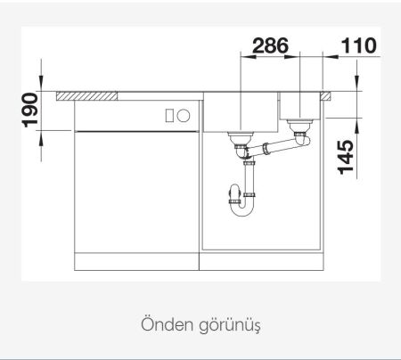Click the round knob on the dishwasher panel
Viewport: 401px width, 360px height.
[x=183, y=115]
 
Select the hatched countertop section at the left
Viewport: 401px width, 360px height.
[x=87, y=94]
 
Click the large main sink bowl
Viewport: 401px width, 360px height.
[x=241, y=111]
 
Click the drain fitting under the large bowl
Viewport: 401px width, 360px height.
[x=241, y=138]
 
